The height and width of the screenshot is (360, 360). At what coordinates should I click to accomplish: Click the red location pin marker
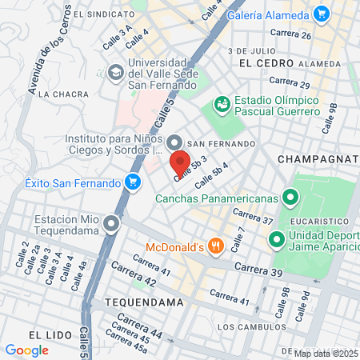(179, 162)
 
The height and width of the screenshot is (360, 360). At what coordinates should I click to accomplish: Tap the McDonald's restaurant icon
(214, 246)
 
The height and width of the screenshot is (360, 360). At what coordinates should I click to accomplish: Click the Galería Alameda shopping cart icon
(322, 14)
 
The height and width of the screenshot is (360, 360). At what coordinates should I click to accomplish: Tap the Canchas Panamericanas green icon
(290, 197)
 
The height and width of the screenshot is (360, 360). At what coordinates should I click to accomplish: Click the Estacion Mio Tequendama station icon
(111, 223)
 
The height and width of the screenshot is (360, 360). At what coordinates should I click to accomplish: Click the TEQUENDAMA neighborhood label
(143, 302)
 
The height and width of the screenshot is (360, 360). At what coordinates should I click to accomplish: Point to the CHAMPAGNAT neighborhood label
(317, 159)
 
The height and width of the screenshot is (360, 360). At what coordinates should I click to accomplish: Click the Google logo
(26, 350)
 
